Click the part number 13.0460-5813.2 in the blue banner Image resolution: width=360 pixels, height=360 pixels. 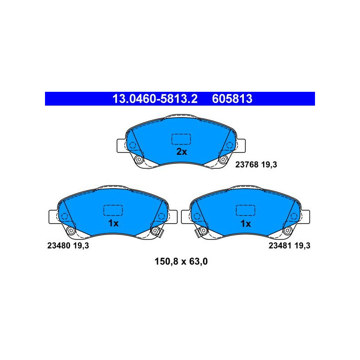tap(155, 99)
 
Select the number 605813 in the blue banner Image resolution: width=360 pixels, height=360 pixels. tap(232, 99)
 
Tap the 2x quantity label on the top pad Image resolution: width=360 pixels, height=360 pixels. tap(182, 152)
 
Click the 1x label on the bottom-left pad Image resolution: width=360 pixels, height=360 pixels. tap(113, 223)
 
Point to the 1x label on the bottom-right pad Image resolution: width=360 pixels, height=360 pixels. tap(246, 223)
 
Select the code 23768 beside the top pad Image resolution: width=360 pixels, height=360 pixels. tap(247, 165)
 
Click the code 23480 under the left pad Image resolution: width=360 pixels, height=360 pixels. tap(59, 246)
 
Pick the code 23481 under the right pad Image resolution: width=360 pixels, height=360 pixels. tap(280, 246)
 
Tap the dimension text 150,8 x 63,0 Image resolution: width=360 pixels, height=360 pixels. tap(181, 261)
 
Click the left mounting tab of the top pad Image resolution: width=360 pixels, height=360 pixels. tap(121, 146)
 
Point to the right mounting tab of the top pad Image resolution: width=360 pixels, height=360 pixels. tap(241, 146)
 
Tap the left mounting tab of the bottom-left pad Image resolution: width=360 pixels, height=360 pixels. tap(53, 217)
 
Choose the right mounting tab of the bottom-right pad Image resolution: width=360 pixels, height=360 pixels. tap(306, 217)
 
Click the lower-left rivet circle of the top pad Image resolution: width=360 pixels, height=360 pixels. tap(139, 159)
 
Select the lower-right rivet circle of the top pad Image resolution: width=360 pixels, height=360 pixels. tap(223, 159)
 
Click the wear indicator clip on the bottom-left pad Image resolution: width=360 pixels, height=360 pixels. tap(161, 233)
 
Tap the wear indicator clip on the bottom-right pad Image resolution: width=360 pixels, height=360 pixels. tap(198, 233)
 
